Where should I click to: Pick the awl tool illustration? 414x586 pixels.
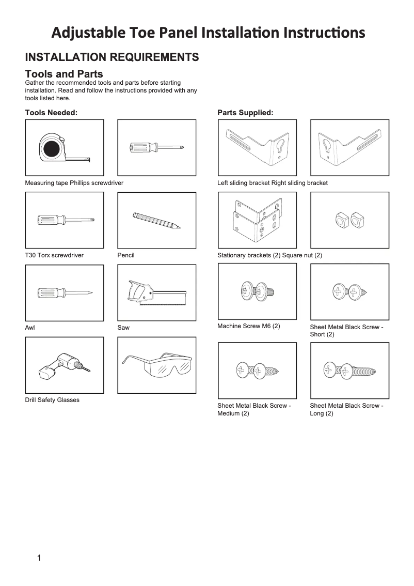pos(64,293)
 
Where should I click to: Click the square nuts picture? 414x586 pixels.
pos(349,220)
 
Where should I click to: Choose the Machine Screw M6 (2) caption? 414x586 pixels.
pos(248,326)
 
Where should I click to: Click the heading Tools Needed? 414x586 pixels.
pos(51,112)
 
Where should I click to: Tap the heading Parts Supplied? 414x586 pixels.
pos(245,112)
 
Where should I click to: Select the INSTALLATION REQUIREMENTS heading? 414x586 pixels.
pos(112,57)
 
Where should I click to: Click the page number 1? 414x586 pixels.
pos(39,558)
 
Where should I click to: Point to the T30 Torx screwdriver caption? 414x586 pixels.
pos(54,255)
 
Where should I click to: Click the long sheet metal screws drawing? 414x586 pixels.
pos(349,371)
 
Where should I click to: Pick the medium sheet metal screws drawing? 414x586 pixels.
pos(257,371)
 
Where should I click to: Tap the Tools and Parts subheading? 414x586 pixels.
pos(64,74)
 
